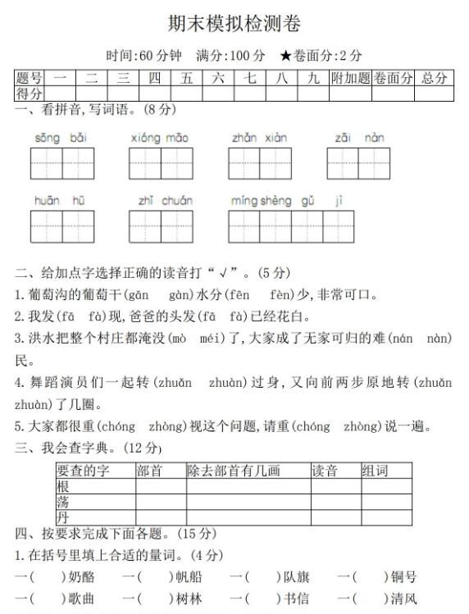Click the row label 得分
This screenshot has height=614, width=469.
tap(30, 93)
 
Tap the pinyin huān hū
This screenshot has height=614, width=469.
tap(61, 201)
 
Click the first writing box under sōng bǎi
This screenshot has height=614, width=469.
tap(47, 163)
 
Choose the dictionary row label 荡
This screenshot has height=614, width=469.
tap(63, 502)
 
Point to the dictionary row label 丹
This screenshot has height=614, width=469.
tap(63, 517)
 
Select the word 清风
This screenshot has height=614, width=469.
tap(403, 598)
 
